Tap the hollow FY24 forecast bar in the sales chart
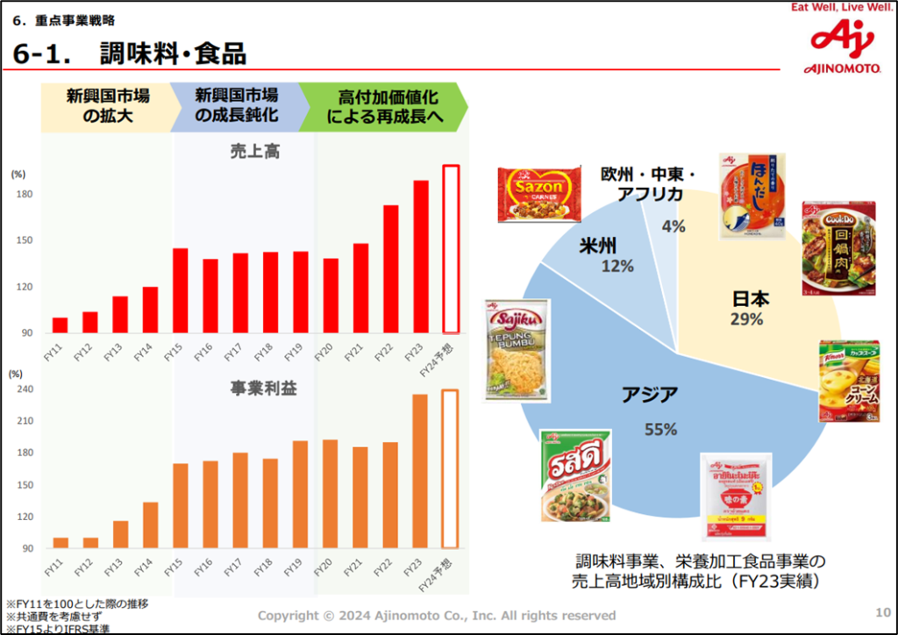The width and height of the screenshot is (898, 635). (451, 249)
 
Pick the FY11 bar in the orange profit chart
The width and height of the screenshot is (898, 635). (61, 543)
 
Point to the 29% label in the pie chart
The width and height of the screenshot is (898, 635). (746, 319)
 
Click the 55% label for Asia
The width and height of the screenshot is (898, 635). (661, 429)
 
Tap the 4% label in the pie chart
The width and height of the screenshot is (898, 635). (673, 226)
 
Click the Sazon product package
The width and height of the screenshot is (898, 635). (539, 195)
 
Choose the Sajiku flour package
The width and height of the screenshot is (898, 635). (517, 350)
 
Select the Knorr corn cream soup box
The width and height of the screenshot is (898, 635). (848, 382)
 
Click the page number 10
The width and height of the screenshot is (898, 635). (883, 611)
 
